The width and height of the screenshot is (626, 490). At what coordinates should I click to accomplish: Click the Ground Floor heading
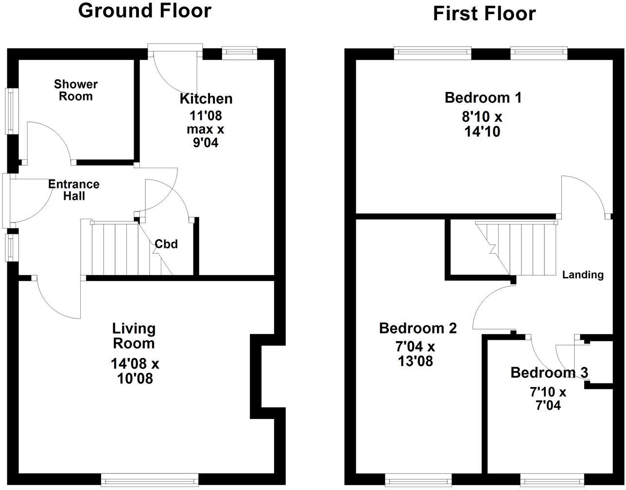tap(145, 10)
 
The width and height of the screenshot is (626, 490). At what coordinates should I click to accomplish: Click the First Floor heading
tap(484, 14)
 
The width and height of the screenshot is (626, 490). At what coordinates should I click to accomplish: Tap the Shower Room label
tap(75, 90)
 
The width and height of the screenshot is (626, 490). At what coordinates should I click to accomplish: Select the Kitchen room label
tap(206, 99)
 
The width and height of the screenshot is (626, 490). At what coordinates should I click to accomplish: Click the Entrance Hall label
tap(74, 190)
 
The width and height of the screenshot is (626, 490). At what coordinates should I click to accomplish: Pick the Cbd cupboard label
tap(166, 244)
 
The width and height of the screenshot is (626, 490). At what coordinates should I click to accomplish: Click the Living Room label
tap(134, 336)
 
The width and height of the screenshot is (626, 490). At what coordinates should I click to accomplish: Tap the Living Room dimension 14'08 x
tap(135, 363)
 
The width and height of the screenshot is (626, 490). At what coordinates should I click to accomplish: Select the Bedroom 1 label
tap(483, 98)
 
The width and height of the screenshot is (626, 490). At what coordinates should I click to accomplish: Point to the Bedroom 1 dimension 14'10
tap(483, 132)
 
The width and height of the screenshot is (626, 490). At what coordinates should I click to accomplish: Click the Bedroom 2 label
tap(418, 328)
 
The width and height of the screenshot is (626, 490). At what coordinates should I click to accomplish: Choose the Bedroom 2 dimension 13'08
tap(414, 361)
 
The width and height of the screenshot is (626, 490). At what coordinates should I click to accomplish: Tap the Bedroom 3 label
tap(549, 373)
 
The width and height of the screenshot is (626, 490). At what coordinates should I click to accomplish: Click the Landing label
tap(583, 275)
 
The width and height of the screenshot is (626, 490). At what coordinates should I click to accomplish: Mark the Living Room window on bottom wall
tap(150, 480)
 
